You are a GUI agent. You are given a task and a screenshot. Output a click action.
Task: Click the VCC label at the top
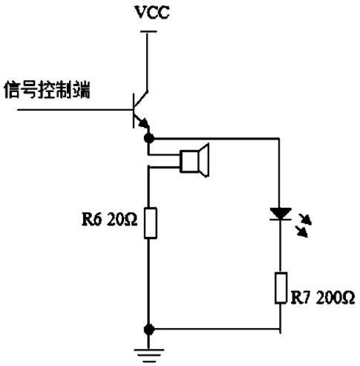[x=152, y=12]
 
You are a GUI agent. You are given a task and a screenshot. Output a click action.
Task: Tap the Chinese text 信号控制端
[x=47, y=90]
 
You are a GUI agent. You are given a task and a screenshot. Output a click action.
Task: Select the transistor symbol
[x=140, y=110]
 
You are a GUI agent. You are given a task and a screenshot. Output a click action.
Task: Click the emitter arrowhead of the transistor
[x=144, y=122]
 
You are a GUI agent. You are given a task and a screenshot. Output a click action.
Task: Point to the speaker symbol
[x=194, y=160]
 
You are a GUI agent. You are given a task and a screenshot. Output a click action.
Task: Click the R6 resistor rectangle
[x=151, y=223]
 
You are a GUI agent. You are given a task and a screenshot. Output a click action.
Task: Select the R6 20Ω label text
[x=109, y=219]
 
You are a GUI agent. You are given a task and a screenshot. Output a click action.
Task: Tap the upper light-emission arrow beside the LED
[x=305, y=220]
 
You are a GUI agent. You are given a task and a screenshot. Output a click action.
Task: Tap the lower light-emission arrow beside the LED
[x=302, y=232]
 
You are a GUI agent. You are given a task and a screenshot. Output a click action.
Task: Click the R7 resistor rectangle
[x=281, y=288]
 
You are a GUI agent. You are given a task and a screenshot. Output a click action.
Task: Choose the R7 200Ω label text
[x=323, y=298]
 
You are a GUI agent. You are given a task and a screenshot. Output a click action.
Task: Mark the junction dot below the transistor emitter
[x=149, y=138]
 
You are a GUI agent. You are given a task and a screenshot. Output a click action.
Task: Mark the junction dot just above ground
[x=149, y=330]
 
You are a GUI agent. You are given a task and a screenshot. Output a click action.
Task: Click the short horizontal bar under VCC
[x=148, y=31]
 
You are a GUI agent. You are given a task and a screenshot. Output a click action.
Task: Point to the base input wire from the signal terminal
[x=75, y=109]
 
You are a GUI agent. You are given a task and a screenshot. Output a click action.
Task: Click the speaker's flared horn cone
[x=204, y=160]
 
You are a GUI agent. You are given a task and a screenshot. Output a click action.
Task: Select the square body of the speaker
[x=189, y=161]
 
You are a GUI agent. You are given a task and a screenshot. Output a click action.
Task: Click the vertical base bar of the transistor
[x=134, y=111]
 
